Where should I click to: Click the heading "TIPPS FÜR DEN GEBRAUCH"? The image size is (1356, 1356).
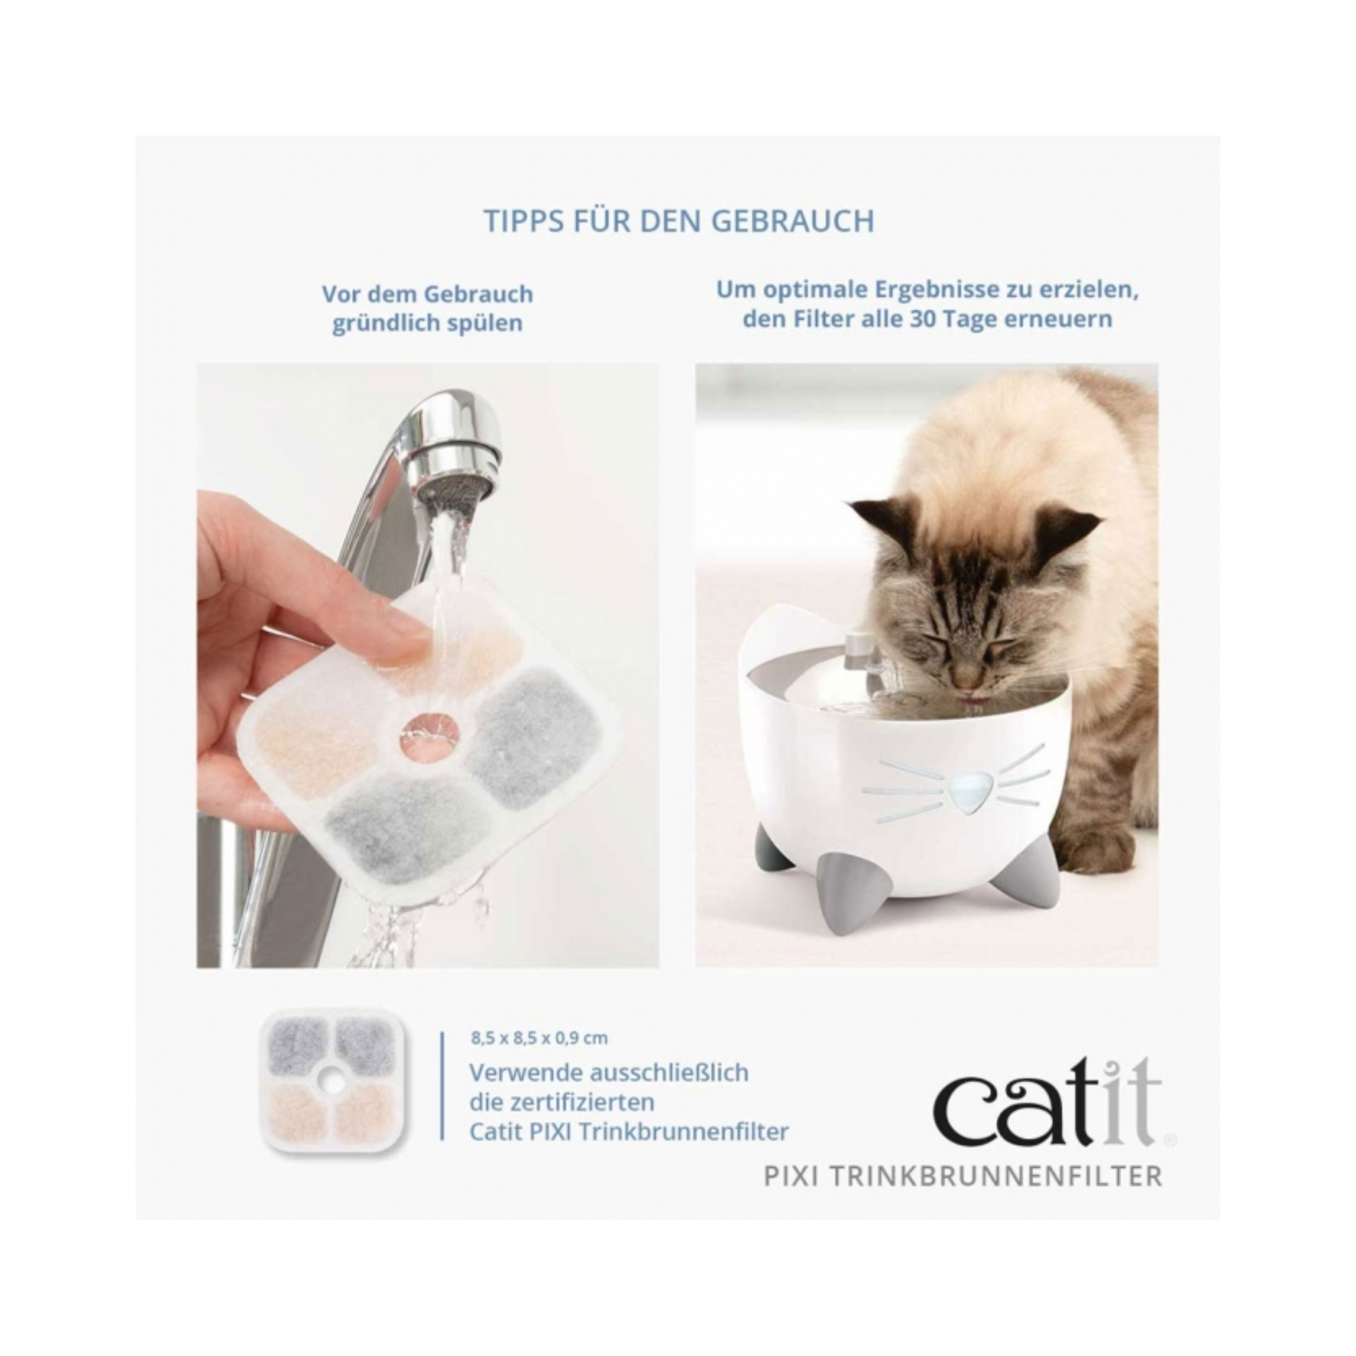click(x=679, y=221)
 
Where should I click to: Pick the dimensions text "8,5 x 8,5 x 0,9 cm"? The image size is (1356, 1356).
click(x=539, y=1037)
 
